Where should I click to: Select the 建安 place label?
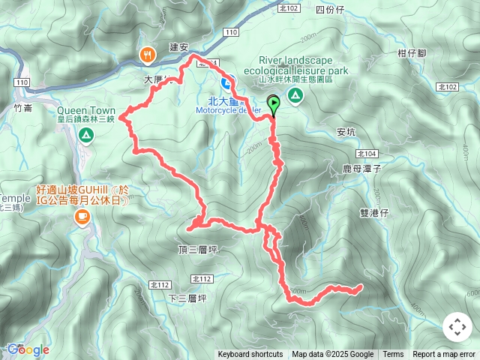(178, 47)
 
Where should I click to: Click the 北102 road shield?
(288, 8)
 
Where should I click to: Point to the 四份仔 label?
(329, 10)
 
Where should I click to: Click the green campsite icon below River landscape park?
(295, 94)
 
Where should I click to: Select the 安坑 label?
(346, 132)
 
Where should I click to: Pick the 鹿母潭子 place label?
(362, 169)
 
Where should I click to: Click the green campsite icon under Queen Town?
(86, 135)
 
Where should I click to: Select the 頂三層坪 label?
(197, 250)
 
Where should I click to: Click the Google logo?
(28, 349)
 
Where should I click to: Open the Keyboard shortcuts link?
(250, 355)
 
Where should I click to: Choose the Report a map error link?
(444, 355)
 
